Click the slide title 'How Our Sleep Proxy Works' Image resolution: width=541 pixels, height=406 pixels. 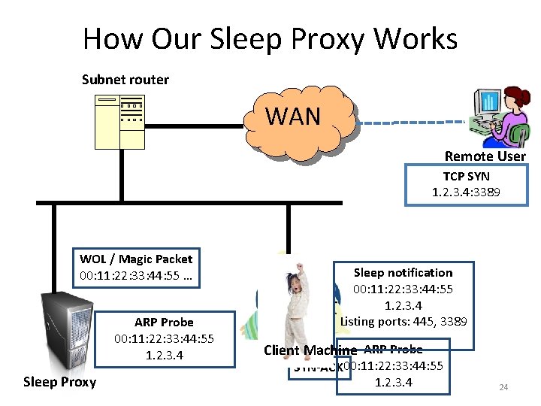(x=270, y=38)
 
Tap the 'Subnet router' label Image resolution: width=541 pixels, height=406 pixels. (x=125, y=79)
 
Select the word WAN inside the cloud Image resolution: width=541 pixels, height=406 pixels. (x=293, y=117)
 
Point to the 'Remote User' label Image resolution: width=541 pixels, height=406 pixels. (x=485, y=156)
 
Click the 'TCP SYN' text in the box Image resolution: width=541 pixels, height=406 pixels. (x=466, y=176)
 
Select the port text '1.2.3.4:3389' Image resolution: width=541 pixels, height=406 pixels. (x=466, y=192)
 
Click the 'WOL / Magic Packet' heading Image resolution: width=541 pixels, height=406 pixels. (x=136, y=259)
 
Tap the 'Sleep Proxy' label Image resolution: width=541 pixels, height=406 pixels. (x=60, y=382)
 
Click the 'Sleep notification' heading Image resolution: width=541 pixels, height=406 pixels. (x=403, y=272)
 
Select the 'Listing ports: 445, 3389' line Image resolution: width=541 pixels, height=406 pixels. (x=403, y=322)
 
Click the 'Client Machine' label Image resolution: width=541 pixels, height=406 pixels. (x=310, y=350)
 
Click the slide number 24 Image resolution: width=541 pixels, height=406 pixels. (x=503, y=387)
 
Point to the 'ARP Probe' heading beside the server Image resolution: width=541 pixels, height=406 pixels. (x=164, y=323)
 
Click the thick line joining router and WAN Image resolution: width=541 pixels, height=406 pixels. (x=192, y=126)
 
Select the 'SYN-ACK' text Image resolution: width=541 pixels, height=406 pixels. (x=316, y=368)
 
